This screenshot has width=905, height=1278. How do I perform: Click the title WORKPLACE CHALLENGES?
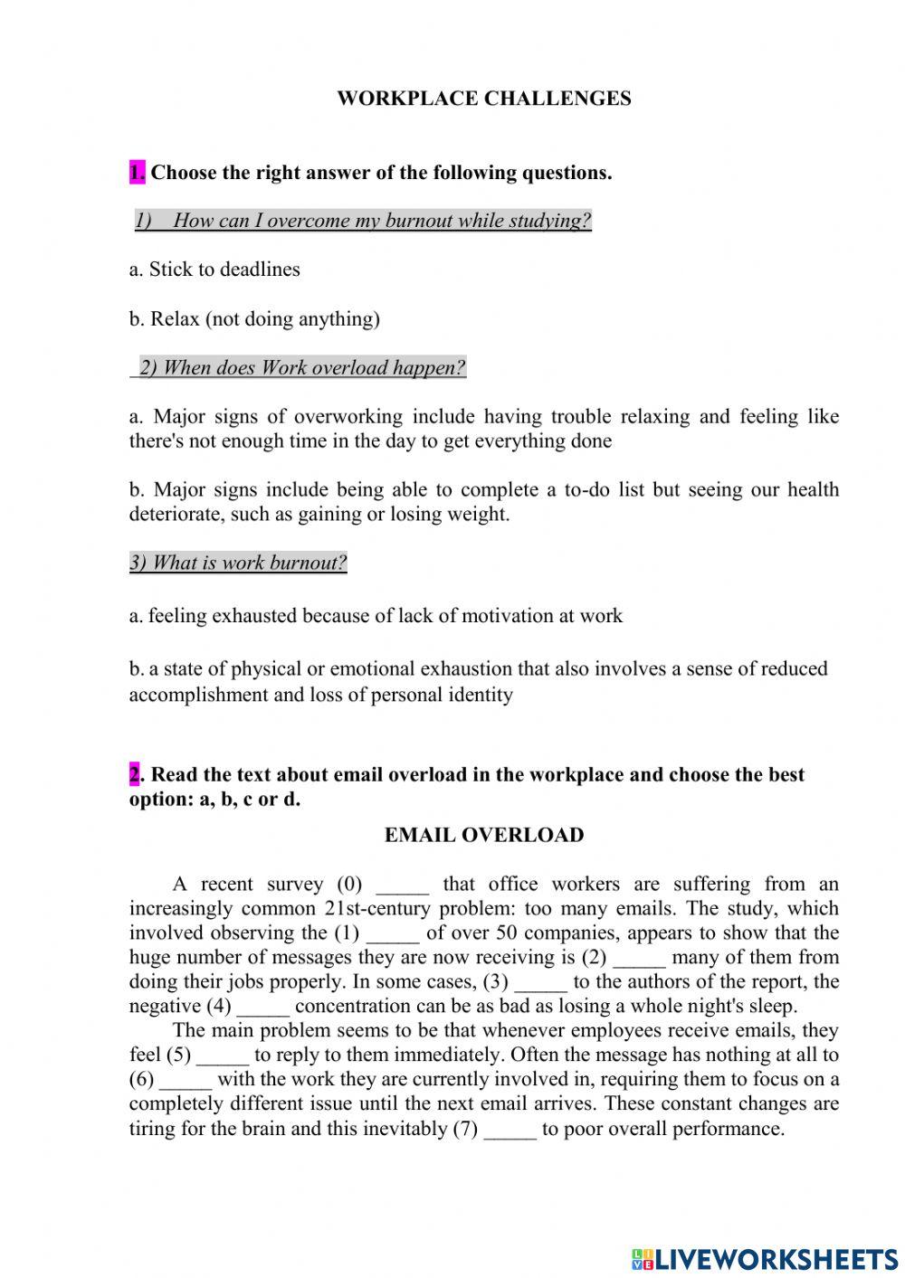483,99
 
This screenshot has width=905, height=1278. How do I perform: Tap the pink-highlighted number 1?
137,172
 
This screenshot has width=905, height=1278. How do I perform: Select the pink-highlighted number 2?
135,774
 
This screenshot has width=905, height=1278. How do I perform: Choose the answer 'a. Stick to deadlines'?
214,270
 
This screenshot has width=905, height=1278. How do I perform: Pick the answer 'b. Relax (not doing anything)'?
254,318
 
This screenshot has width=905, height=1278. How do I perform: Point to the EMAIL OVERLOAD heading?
484,835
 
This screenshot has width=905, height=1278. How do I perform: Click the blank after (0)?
402,885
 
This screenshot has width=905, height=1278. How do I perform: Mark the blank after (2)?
639,959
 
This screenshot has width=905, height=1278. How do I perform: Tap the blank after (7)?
510,1131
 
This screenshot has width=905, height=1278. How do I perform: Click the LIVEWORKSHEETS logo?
764,1259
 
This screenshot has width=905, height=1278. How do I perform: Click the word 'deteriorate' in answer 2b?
176,515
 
